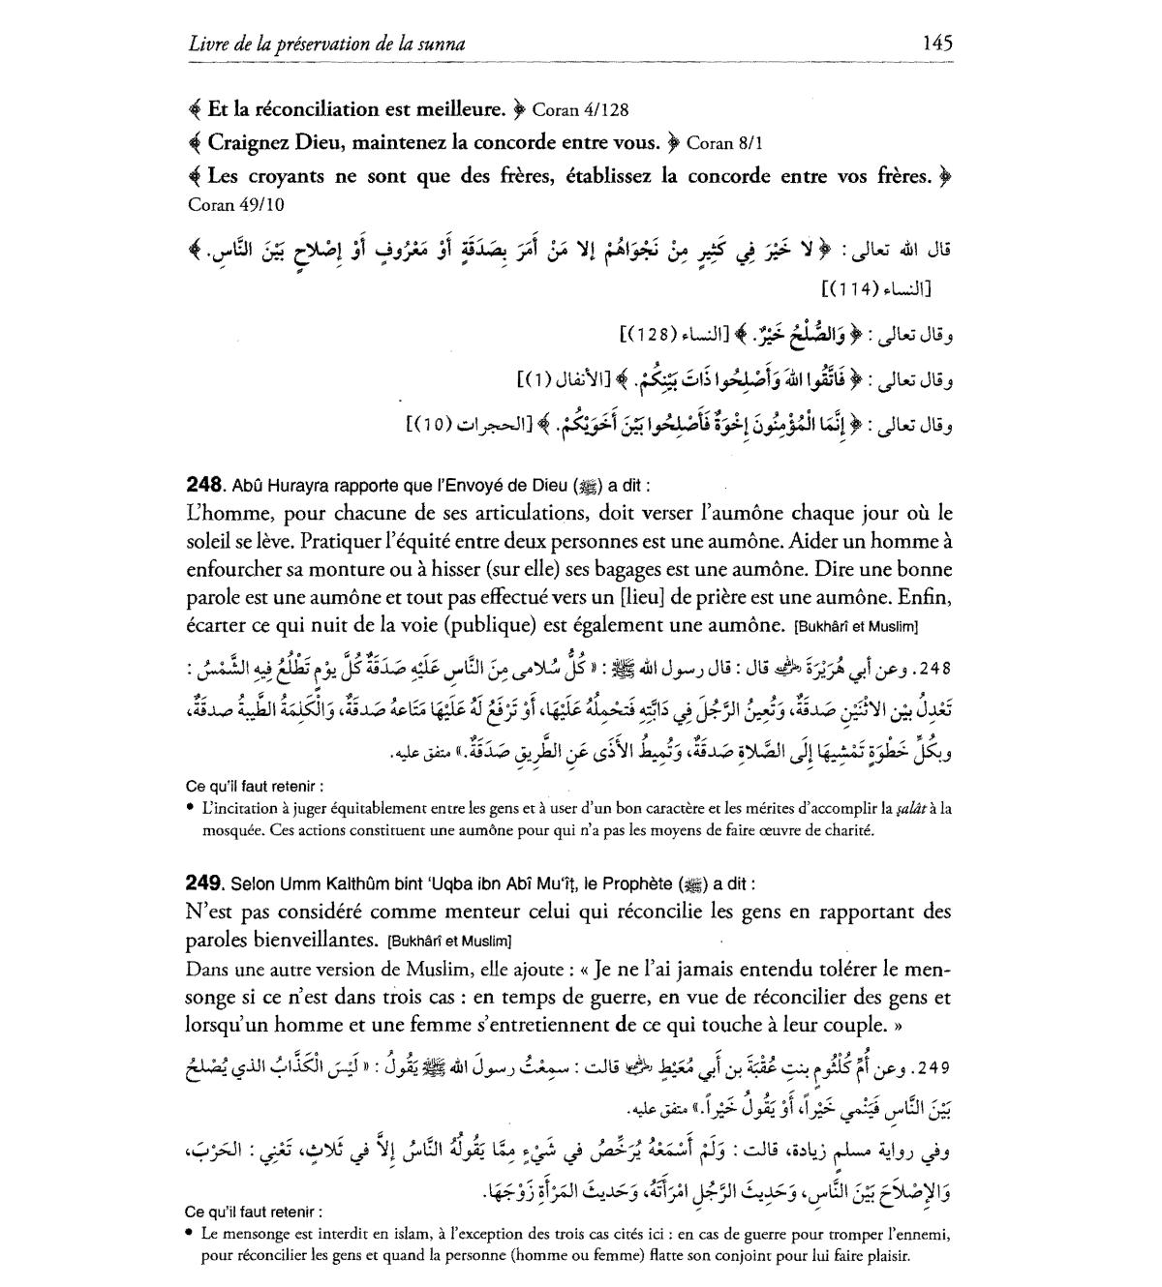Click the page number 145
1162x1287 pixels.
(x=937, y=43)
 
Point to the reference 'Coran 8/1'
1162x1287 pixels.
(x=724, y=144)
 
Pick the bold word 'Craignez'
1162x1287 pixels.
(x=252, y=143)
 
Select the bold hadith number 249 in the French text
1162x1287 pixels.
(x=204, y=883)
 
